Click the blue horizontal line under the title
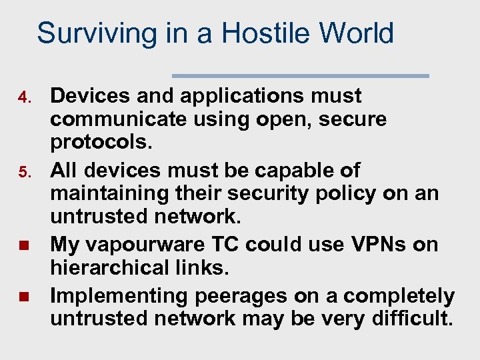[x=301, y=76]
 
